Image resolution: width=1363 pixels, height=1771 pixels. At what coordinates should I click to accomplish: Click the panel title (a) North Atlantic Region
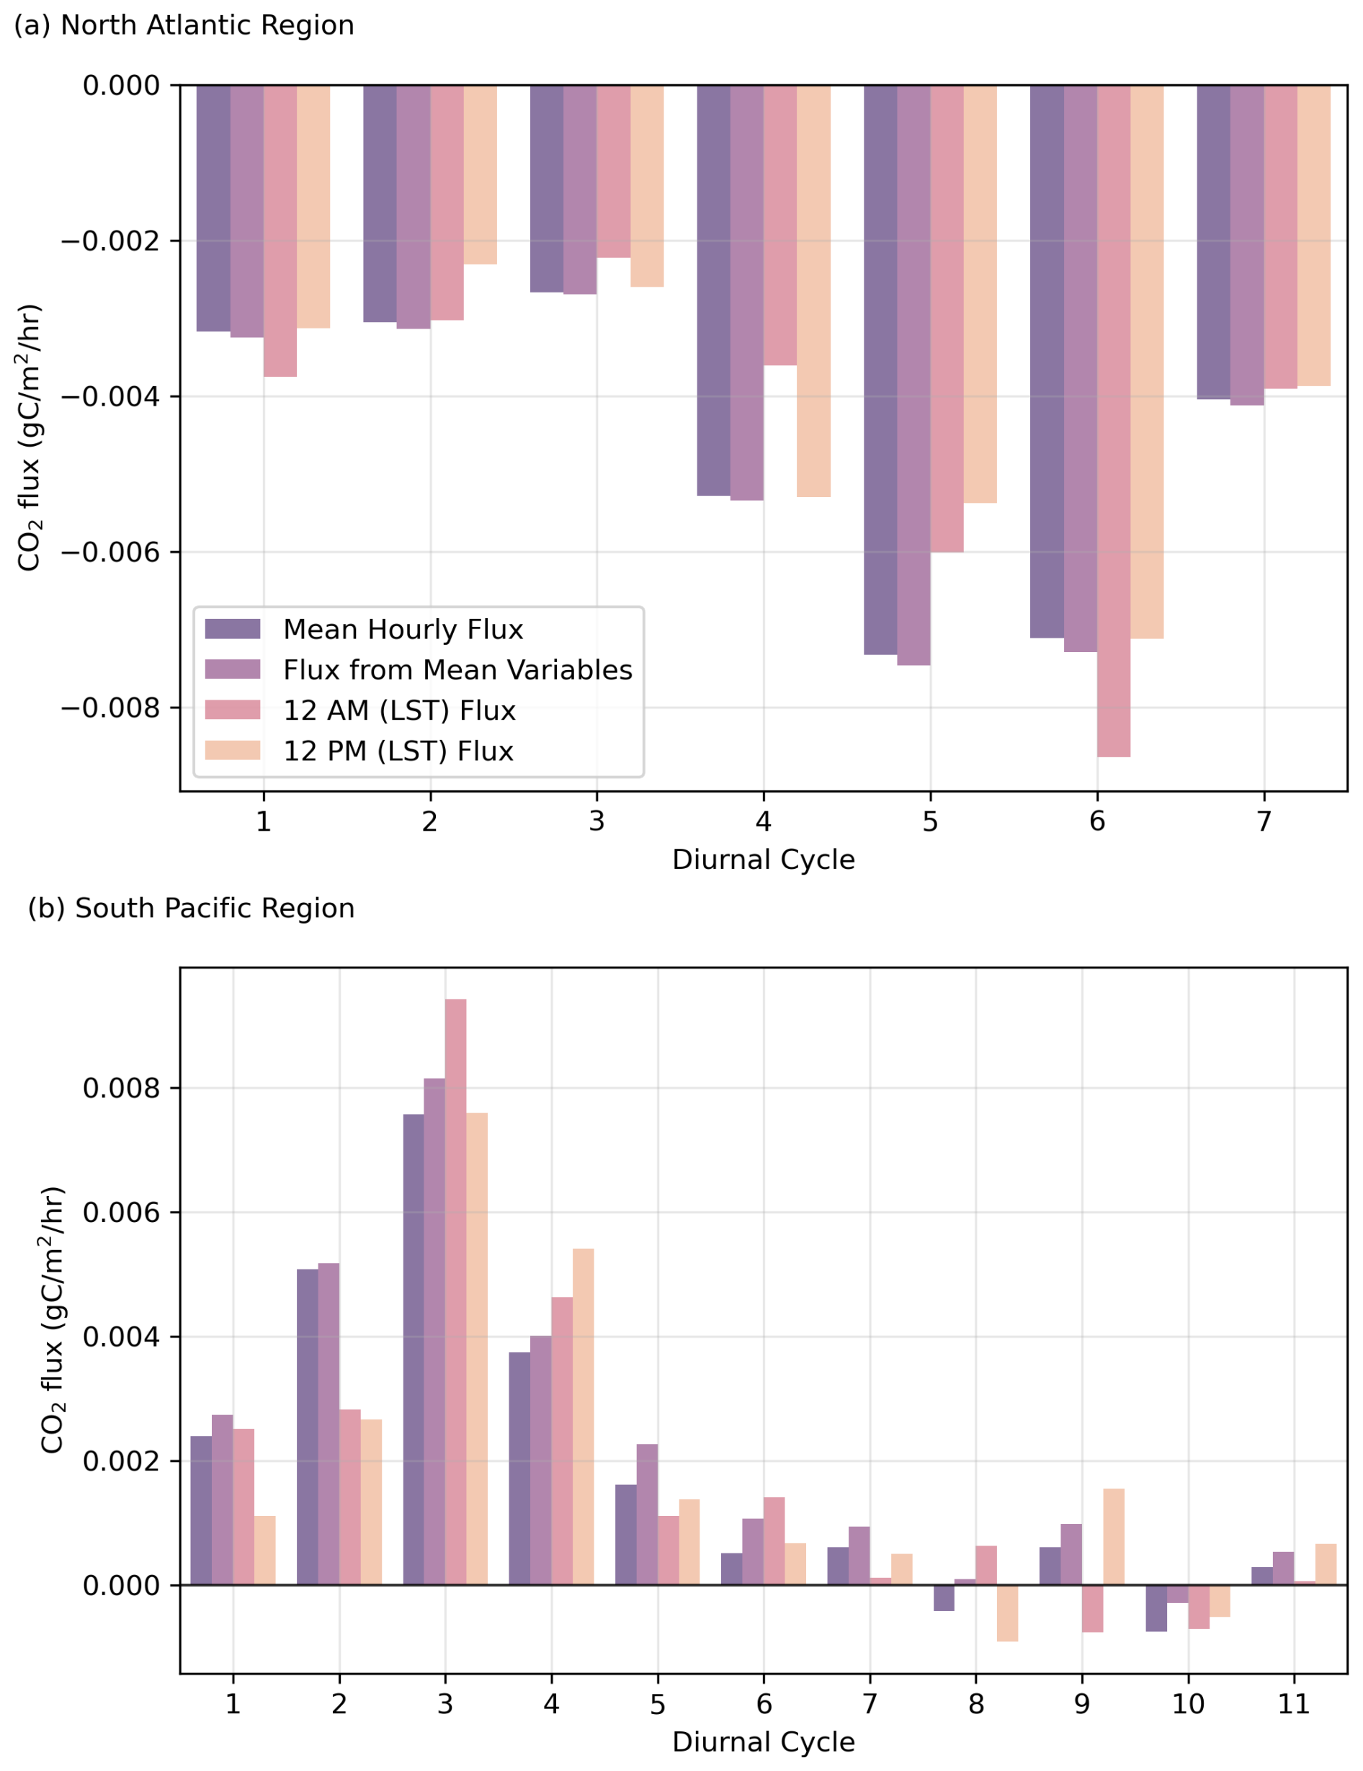pyautogui.click(x=184, y=25)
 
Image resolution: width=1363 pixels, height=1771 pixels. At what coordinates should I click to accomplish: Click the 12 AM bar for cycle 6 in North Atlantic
pyautogui.click(x=1113, y=421)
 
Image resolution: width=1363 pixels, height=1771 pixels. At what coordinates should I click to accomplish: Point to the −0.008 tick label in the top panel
pyautogui.click(x=111, y=708)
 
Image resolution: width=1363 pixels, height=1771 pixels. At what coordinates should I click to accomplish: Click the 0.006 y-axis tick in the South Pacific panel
pyautogui.click(x=122, y=1213)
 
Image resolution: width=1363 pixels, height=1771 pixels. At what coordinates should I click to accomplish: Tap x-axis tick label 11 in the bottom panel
pyautogui.click(x=1294, y=1704)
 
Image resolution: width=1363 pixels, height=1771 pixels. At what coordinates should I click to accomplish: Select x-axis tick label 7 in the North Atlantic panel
pyautogui.click(x=1264, y=821)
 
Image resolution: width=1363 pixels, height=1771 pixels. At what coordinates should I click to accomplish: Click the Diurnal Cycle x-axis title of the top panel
pyautogui.click(x=763, y=860)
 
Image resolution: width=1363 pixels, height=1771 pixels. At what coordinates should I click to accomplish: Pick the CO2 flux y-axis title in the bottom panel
pyautogui.click(x=53, y=1319)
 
